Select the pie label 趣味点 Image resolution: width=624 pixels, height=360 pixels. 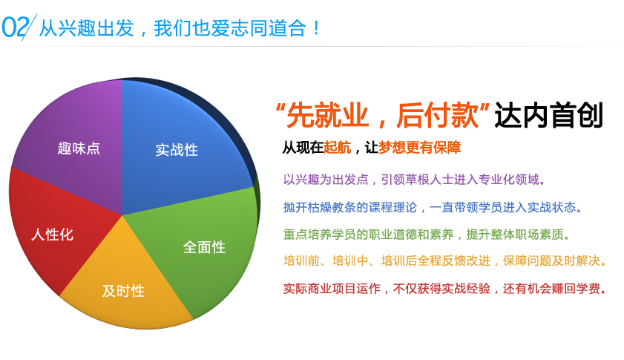(79, 148)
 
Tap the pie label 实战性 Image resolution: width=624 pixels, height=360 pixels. (177, 149)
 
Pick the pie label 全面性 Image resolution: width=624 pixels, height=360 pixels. (204, 247)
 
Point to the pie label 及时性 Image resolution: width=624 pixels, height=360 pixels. (123, 291)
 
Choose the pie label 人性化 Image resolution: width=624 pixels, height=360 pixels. (52, 235)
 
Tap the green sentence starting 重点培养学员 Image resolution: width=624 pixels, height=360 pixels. (427, 234)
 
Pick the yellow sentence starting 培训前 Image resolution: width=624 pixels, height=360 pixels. (445, 261)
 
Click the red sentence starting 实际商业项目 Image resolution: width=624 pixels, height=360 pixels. (445, 288)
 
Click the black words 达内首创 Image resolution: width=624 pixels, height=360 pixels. (549, 117)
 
